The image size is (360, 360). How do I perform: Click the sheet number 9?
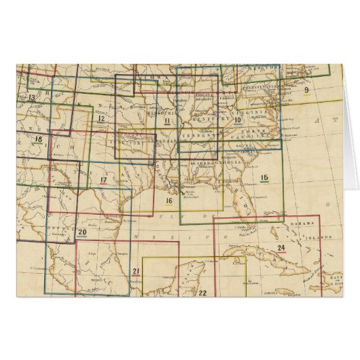click(306, 90)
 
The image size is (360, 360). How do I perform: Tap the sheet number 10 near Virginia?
click(238, 120)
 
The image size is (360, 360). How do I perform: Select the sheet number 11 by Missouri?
click(167, 120)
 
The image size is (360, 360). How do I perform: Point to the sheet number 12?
click(101, 119)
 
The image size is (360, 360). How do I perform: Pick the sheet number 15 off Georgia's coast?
click(265, 178)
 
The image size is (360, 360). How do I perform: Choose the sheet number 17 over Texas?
click(103, 180)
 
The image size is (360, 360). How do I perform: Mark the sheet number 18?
click(38, 140)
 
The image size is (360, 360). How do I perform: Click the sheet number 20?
click(82, 233)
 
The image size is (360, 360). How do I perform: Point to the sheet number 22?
click(202, 293)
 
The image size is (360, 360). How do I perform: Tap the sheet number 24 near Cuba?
click(281, 247)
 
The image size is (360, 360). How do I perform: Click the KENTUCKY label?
click(202, 118)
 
